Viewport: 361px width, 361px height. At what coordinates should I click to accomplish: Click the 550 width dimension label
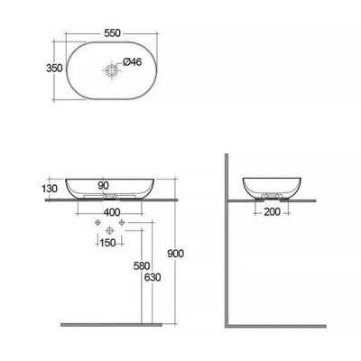pyautogui.click(x=113, y=33)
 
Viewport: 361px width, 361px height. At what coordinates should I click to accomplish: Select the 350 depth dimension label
pyautogui.click(x=54, y=69)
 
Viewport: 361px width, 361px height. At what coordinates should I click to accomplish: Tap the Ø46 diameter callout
pyautogui.click(x=132, y=61)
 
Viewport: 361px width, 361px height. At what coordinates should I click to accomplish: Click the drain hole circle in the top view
pyautogui.click(x=111, y=71)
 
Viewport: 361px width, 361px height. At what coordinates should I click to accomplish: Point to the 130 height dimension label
pyautogui.click(x=50, y=189)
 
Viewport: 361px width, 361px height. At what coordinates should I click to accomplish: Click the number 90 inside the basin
pyautogui.click(x=103, y=186)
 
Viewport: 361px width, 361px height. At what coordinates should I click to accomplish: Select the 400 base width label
pyautogui.click(x=112, y=212)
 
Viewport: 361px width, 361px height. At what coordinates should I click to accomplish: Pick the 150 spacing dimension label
pyautogui.click(x=107, y=243)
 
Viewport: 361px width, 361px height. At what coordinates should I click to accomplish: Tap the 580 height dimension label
pyautogui.click(x=142, y=266)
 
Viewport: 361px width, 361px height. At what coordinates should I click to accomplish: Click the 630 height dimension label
pyautogui.click(x=153, y=277)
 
